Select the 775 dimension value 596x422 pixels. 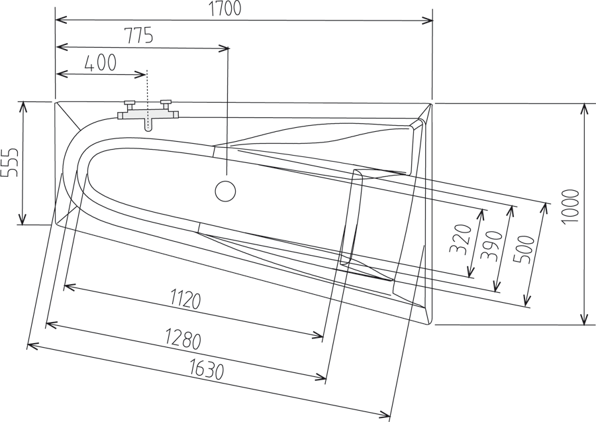click(x=138, y=36)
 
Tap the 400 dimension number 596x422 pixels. click(x=101, y=63)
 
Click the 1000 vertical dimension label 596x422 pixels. click(x=570, y=206)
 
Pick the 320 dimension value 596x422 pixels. click(x=460, y=239)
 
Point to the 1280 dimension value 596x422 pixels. click(x=182, y=340)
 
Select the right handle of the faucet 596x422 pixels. click(x=166, y=102)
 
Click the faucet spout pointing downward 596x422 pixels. click(x=148, y=124)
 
